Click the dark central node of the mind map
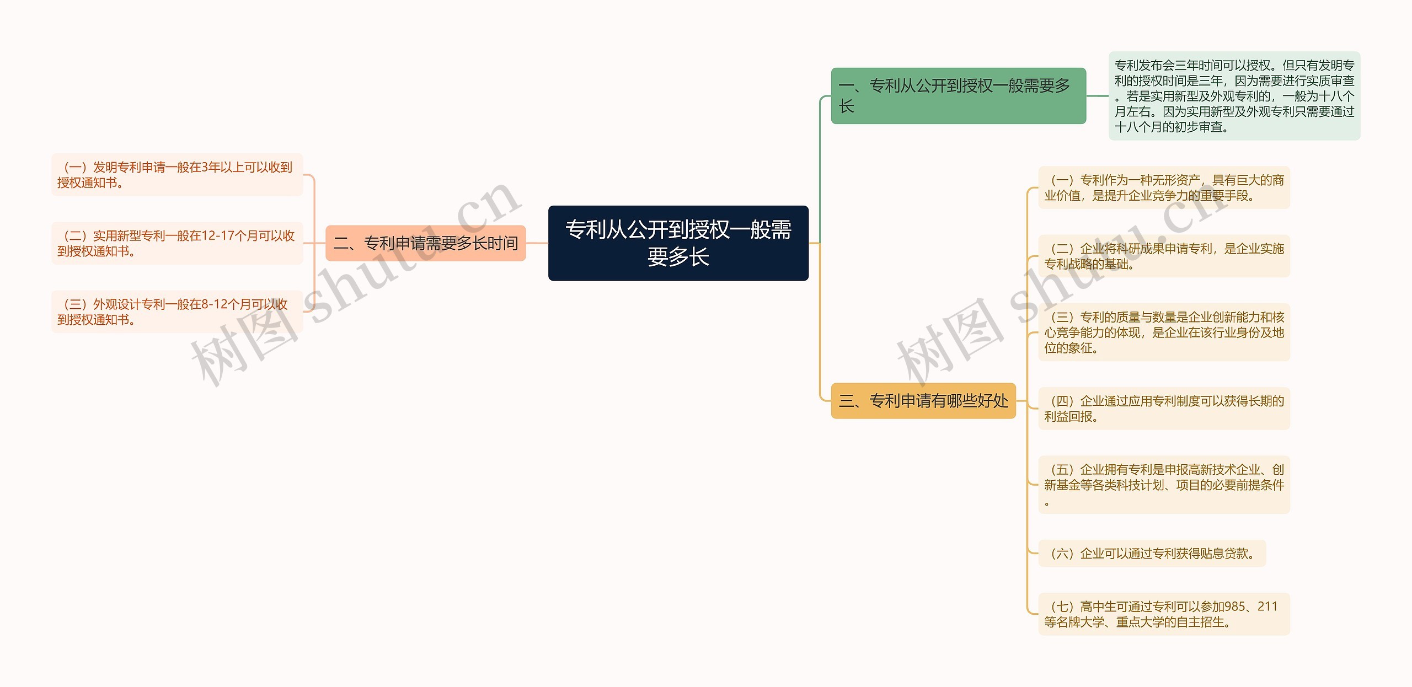point(678,243)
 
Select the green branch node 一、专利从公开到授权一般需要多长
point(958,96)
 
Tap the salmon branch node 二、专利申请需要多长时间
point(425,243)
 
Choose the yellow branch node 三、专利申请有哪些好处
point(923,401)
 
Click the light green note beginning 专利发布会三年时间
point(1234,96)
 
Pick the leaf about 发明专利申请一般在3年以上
point(176,175)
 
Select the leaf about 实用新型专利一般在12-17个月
point(176,243)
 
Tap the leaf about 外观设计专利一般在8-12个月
point(176,312)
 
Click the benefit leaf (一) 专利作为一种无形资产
point(1164,187)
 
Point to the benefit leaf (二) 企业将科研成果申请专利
point(1164,256)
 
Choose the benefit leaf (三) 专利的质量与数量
point(1164,332)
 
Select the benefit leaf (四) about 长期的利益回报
point(1164,409)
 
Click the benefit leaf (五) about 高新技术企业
point(1164,485)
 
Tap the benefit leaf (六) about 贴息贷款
point(1152,553)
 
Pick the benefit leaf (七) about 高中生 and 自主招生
point(1164,614)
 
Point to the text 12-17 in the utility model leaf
point(217,236)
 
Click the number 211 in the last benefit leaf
point(1267,607)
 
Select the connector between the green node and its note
point(1097,96)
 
